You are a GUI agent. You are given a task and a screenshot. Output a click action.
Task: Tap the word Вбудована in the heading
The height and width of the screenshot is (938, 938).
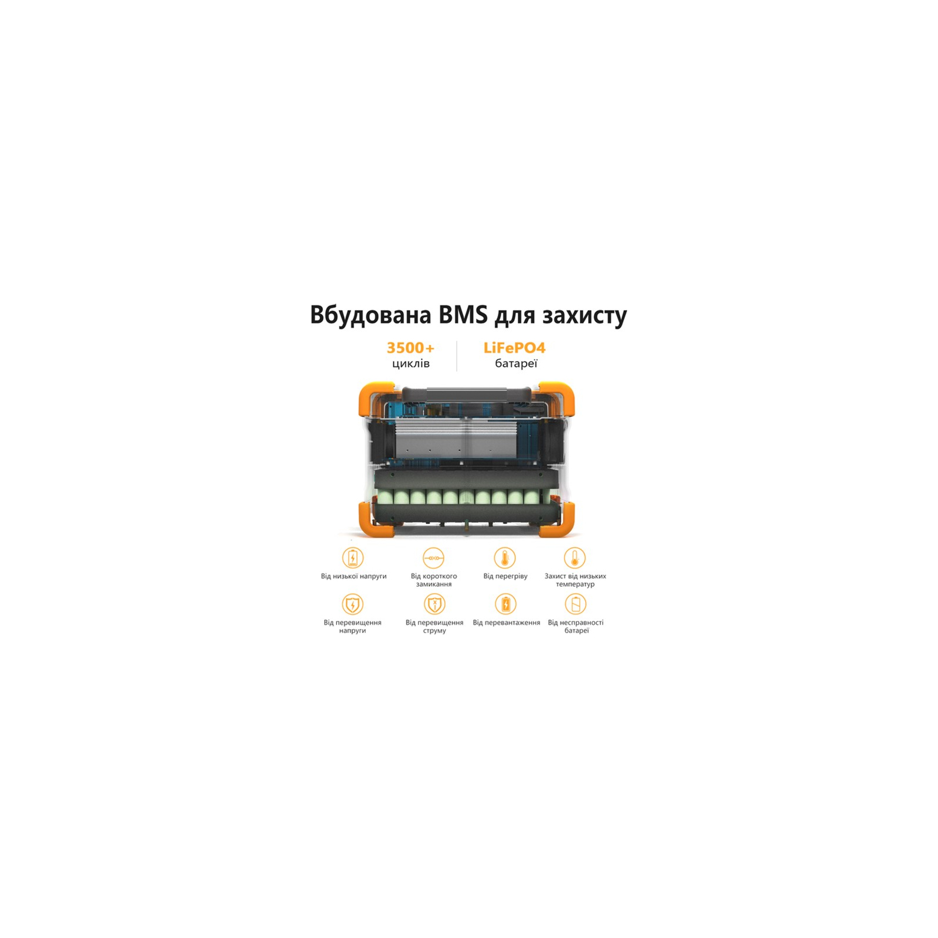point(371,315)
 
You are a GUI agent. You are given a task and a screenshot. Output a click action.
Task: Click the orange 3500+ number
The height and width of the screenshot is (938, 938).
point(410,348)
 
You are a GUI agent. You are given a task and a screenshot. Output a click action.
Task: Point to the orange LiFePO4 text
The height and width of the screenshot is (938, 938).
point(514,348)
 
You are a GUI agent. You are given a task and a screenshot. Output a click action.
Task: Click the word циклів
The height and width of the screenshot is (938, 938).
point(411,363)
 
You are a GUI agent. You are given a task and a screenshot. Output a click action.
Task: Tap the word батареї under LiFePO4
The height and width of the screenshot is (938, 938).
point(516,363)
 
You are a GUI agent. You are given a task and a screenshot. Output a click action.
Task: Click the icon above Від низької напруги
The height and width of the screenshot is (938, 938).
point(352,558)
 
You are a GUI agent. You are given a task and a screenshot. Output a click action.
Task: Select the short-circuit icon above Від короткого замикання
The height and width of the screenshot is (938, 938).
point(434,558)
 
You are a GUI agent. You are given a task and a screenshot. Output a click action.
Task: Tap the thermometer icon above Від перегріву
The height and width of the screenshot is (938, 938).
point(505,558)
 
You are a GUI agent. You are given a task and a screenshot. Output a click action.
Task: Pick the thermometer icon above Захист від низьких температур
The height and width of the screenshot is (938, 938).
point(575,558)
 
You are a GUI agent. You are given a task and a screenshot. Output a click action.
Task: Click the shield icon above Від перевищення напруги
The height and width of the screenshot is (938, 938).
point(352,604)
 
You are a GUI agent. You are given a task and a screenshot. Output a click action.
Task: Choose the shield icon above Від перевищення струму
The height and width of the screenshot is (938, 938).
point(434,604)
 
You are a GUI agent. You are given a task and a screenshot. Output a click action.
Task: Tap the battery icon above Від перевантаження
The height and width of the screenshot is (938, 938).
point(505,604)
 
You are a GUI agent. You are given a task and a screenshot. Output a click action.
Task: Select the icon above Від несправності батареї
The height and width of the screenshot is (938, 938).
point(576,604)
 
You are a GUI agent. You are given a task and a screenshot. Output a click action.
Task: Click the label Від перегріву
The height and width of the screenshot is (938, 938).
point(505,576)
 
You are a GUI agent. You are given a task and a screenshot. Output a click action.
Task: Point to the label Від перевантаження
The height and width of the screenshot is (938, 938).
point(507,623)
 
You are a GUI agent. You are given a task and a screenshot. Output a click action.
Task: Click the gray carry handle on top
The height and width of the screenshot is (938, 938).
point(467,393)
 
